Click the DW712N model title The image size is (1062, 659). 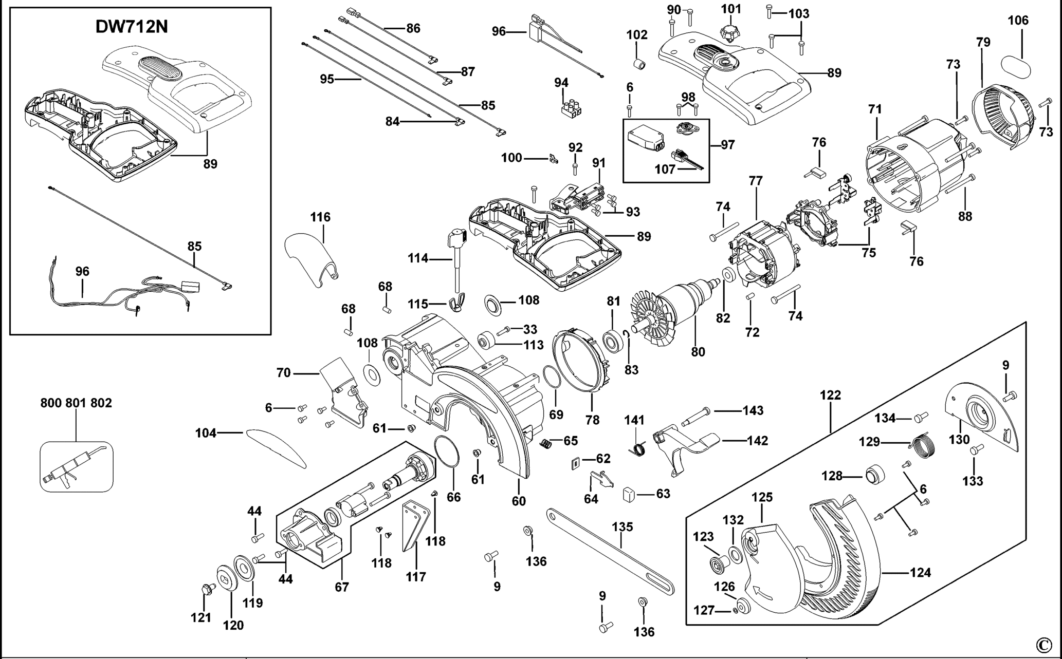coord(132,27)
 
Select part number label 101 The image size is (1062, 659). coord(731,9)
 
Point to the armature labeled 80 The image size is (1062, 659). coord(673,316)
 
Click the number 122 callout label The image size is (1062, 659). coord(831,395)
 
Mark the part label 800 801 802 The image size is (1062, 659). coord(76,403)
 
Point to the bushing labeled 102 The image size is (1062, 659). coord(638,65)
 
